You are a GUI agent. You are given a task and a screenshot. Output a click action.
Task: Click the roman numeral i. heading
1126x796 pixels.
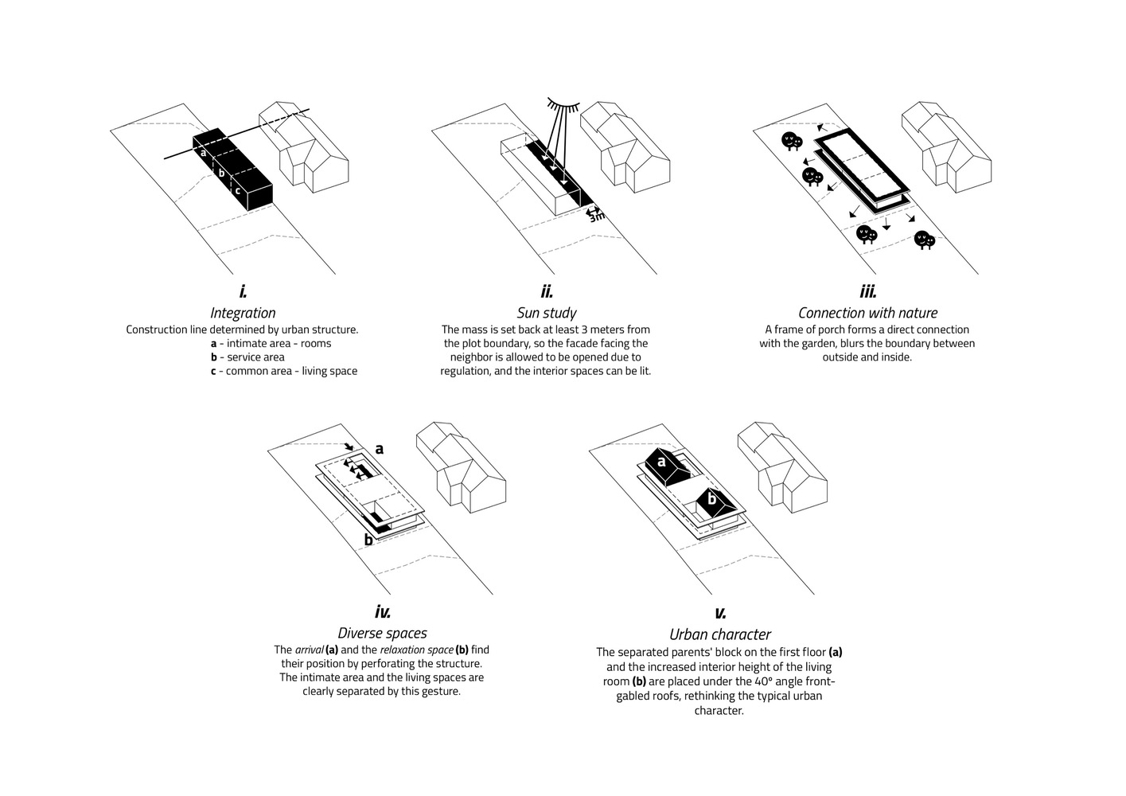point(243,292)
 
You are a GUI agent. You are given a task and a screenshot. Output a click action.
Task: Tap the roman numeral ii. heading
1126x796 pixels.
point(547,292)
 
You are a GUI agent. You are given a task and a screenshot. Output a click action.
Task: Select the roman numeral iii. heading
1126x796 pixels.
point(867,292)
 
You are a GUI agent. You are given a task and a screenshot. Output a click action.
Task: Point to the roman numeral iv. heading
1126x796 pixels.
point(382,612)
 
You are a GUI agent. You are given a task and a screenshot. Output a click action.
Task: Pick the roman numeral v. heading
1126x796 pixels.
point(719,613)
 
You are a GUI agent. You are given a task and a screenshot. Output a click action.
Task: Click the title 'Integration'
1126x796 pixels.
point(243,313)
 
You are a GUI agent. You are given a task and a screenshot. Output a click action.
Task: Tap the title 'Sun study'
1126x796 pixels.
point(547,313)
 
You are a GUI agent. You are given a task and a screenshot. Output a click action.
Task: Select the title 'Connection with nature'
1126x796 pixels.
point(867,313)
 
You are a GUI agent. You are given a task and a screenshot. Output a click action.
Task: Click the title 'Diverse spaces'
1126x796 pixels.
point(382,634)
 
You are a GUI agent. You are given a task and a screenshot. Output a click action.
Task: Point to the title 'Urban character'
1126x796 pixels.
point(719,634)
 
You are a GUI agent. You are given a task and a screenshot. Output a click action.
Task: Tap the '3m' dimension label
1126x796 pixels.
point(596,216)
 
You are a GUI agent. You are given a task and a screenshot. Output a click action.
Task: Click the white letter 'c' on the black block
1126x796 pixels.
point(237,189)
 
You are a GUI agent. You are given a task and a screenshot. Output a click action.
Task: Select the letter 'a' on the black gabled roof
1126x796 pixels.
point(660,459)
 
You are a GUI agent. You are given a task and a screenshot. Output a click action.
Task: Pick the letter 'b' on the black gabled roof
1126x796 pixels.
point(712,500)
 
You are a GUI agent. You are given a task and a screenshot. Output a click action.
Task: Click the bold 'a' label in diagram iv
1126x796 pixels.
point(380,449)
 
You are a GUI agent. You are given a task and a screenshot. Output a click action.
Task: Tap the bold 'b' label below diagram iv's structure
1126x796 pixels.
point(368,540)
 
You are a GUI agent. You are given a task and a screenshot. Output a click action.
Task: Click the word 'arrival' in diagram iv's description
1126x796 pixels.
point(309,650)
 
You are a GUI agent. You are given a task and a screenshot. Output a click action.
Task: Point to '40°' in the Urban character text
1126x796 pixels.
point(766,681)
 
